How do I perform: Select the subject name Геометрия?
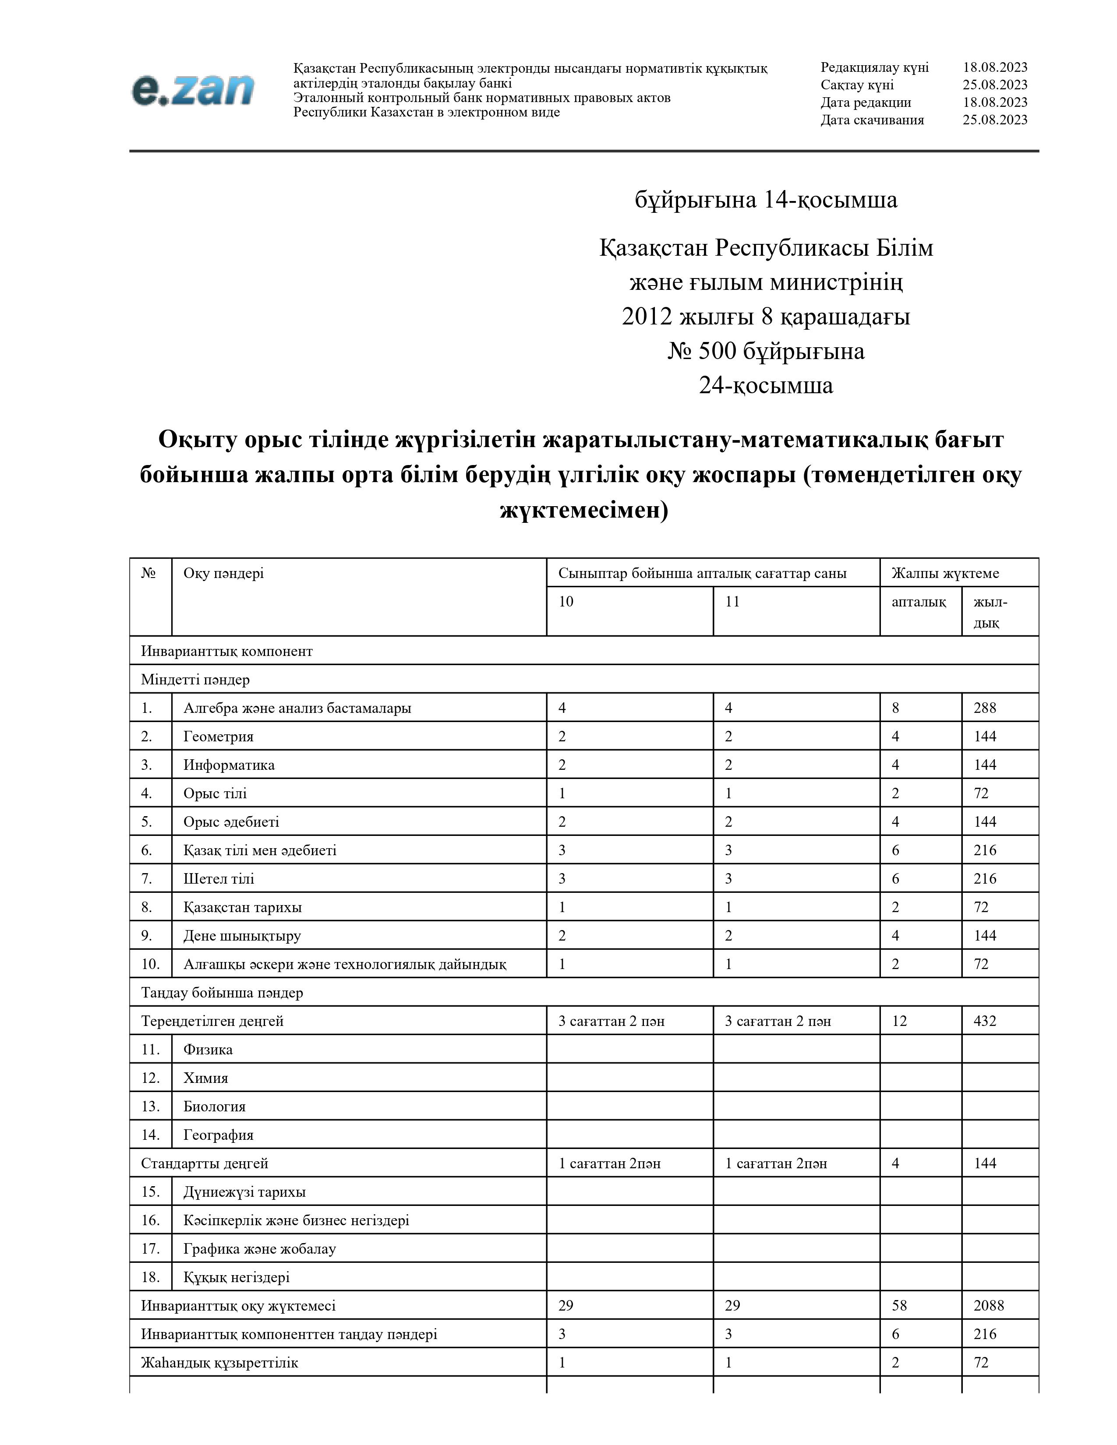219,737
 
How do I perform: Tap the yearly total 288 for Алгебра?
985,708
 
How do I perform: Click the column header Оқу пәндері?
224,573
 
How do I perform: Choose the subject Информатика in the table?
229,765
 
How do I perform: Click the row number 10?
150,964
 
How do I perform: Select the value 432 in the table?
985,1021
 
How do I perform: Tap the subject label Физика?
208,1049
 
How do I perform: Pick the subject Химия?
206,1078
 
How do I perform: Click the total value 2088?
989,1305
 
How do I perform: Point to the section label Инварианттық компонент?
226,651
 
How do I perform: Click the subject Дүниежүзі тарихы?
244,1191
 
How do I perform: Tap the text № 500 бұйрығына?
766,351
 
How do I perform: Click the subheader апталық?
919,601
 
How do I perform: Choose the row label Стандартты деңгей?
205,1163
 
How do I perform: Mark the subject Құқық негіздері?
236,1277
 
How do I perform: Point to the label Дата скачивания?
872,120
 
